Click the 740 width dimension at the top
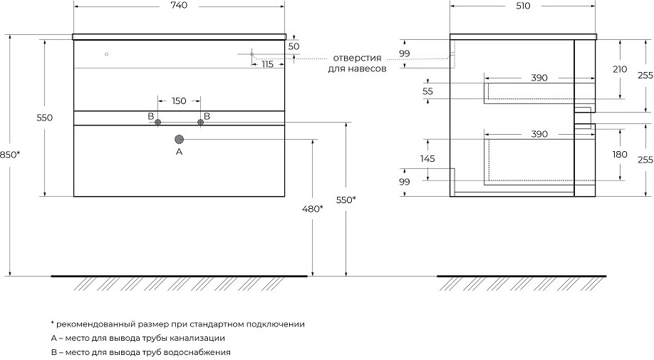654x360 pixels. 179,6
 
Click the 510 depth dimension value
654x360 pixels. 523,6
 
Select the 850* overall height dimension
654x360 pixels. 10,155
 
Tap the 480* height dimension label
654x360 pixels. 313,209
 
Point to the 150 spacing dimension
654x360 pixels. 179,101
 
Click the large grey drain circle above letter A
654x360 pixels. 180,140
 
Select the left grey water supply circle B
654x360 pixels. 157,122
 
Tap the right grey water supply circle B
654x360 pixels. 201,122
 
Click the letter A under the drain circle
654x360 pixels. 180,152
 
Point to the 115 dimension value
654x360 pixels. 267,65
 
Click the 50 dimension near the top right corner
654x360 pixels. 294,46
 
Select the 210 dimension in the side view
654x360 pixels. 620,69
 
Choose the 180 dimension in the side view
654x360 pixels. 620,155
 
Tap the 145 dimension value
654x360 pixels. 427,158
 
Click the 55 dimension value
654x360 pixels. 427,91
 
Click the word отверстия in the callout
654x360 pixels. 357,58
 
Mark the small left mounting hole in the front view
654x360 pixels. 106,54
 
